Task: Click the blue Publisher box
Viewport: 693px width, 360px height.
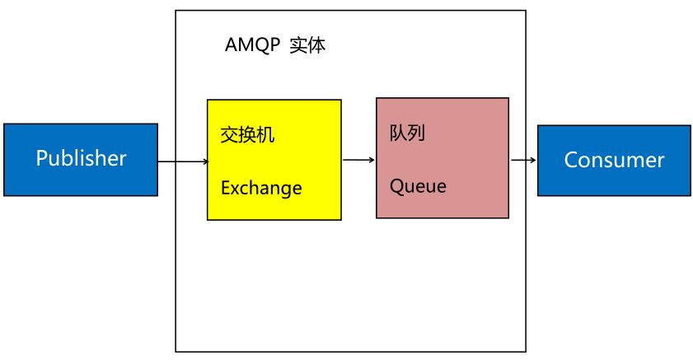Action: click(80, 160)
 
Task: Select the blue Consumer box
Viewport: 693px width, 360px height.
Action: click(614, 161)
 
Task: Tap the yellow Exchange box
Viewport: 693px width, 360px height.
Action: click(274, 160)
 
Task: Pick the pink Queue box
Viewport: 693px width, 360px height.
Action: click(442, 158)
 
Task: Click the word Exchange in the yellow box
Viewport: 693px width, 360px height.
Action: click(261, 188)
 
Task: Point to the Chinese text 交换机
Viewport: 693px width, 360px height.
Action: click(247, 134)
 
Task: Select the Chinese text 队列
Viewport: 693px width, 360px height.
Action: click(407, 133)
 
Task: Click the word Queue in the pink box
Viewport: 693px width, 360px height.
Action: click(418, 186)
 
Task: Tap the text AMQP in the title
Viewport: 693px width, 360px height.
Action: click(252, 45)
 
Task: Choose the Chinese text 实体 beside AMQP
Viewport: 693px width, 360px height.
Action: click(308, 45)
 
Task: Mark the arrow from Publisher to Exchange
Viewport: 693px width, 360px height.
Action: click(182, 161)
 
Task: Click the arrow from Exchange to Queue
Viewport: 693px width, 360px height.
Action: click(358, 160)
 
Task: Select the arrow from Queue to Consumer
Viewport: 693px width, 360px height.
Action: click(522, 161)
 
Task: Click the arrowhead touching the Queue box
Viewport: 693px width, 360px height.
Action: click(372, 160)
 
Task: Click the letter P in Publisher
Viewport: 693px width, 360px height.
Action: click(41, 158)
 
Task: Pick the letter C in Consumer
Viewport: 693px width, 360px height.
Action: click(570, 160)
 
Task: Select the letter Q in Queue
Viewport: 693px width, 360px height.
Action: click(396, 186)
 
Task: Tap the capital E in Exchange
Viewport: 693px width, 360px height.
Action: click(225, 188)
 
